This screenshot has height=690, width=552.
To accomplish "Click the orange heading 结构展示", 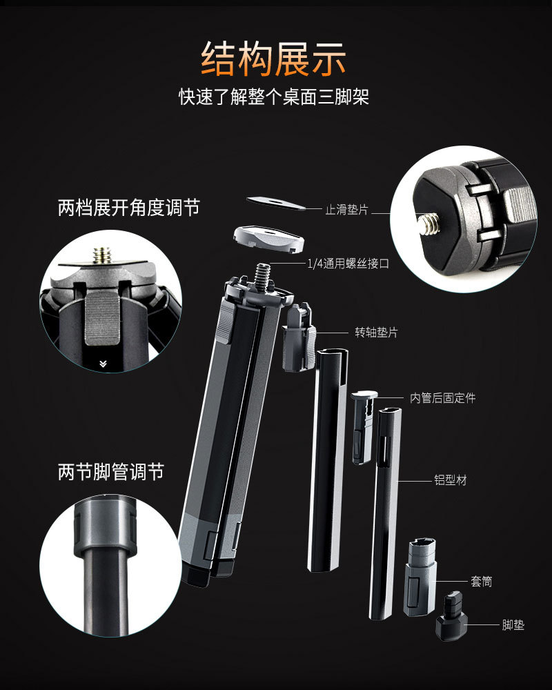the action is (x=273, y=59).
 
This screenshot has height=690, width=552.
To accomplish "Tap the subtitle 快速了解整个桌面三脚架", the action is (x=273, y=97).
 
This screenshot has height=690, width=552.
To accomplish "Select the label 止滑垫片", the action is (x=346, y=210).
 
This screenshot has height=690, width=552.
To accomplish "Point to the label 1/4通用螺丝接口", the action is (x=348, y=264).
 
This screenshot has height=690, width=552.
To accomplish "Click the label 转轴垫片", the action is (x=376, y=333).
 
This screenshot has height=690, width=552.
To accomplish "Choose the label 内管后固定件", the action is (x=443, y=398).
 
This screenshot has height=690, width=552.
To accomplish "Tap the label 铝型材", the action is (x=451, y=480).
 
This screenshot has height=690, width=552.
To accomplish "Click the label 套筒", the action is (x=482, y=581).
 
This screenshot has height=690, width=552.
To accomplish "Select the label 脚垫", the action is (x=513, y=624).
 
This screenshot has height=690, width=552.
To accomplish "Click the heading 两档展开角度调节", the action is (x=129, y=208).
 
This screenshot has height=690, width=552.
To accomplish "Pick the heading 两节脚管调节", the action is (x=111, y=472).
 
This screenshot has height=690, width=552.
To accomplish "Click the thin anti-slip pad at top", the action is (x=276, y=204).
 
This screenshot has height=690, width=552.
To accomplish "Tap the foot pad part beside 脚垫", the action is (x=451, y=615).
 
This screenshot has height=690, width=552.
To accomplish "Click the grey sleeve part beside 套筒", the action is (x=420, y=576).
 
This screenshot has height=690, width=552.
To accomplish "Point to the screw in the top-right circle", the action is (x=430, y=222).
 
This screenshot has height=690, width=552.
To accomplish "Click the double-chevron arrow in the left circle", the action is (x=103, y=364).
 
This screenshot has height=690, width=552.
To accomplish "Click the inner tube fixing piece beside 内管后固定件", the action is (x=363, y=427).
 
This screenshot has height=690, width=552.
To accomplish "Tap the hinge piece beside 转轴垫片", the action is (x=299, y=337).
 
